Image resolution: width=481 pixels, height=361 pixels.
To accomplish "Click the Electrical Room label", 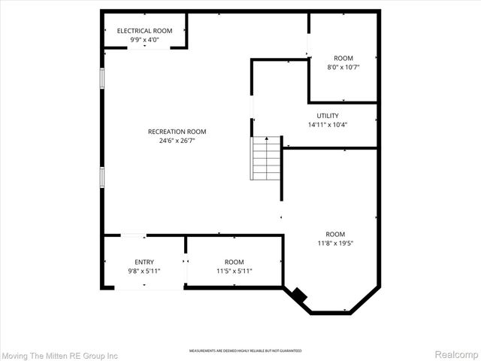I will point(144,30).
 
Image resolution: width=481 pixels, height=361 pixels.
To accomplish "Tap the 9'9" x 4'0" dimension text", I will point(144,39).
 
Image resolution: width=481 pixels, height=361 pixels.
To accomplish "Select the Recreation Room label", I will point(177,132).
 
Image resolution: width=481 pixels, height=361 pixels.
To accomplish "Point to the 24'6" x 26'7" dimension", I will point(177,141).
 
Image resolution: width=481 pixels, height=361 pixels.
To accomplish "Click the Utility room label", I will point(328,115).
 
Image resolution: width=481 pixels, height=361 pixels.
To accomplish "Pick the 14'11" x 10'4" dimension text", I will point(328,125).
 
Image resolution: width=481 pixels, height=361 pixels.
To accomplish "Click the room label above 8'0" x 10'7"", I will point(343,58).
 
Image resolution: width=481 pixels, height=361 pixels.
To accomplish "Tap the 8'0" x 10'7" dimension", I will point(343,68).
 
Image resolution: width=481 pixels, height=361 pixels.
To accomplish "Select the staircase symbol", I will point(265,159).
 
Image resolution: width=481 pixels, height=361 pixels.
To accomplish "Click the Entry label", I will point(144,262).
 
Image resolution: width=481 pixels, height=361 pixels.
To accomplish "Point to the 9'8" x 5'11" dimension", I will point(144,272).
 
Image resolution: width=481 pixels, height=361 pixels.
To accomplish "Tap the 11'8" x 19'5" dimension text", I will point(334,243).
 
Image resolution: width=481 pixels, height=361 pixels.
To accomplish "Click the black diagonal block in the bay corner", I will point(300,296).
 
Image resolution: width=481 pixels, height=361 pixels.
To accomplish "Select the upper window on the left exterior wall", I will point(101,78).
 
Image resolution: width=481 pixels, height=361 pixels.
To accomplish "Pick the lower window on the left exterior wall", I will point(101,177).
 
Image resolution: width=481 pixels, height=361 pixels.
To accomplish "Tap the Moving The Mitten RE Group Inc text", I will point(60,354).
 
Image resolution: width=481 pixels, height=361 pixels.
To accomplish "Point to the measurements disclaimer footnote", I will point(245,350).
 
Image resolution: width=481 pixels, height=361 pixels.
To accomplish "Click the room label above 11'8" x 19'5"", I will point(334,233).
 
